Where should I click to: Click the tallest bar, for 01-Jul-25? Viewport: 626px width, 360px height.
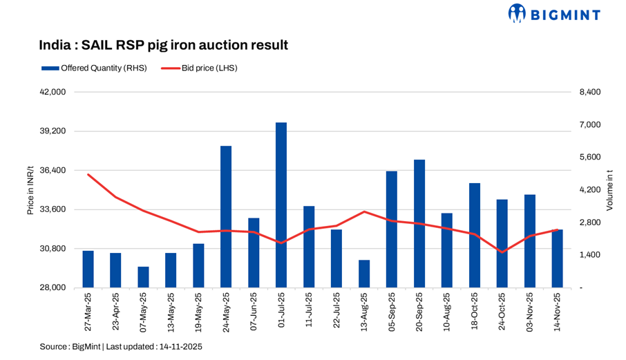[281, 205]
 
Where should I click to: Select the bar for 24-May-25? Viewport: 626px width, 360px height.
[226, 217]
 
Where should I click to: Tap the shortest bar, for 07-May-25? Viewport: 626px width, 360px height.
[143, 277]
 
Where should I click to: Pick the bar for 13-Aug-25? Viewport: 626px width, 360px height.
[364, 274]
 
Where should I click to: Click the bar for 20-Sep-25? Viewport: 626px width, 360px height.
[419, 224]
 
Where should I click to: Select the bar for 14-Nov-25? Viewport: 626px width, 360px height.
[557, 258]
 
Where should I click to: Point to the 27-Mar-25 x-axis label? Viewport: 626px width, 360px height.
[88, 312]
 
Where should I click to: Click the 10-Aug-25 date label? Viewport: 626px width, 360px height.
[447, 312]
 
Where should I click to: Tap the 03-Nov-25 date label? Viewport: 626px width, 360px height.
[530, 312]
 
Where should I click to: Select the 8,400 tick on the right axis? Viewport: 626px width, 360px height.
[590, 92]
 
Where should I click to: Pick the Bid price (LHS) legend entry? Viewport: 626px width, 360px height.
[200, 68]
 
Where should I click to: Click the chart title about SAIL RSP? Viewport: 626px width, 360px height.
[163, 46]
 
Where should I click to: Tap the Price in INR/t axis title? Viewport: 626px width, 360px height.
[30, 189]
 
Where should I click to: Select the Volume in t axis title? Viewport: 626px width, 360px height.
[609, 189]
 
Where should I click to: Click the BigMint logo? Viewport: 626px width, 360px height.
[554, 14]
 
